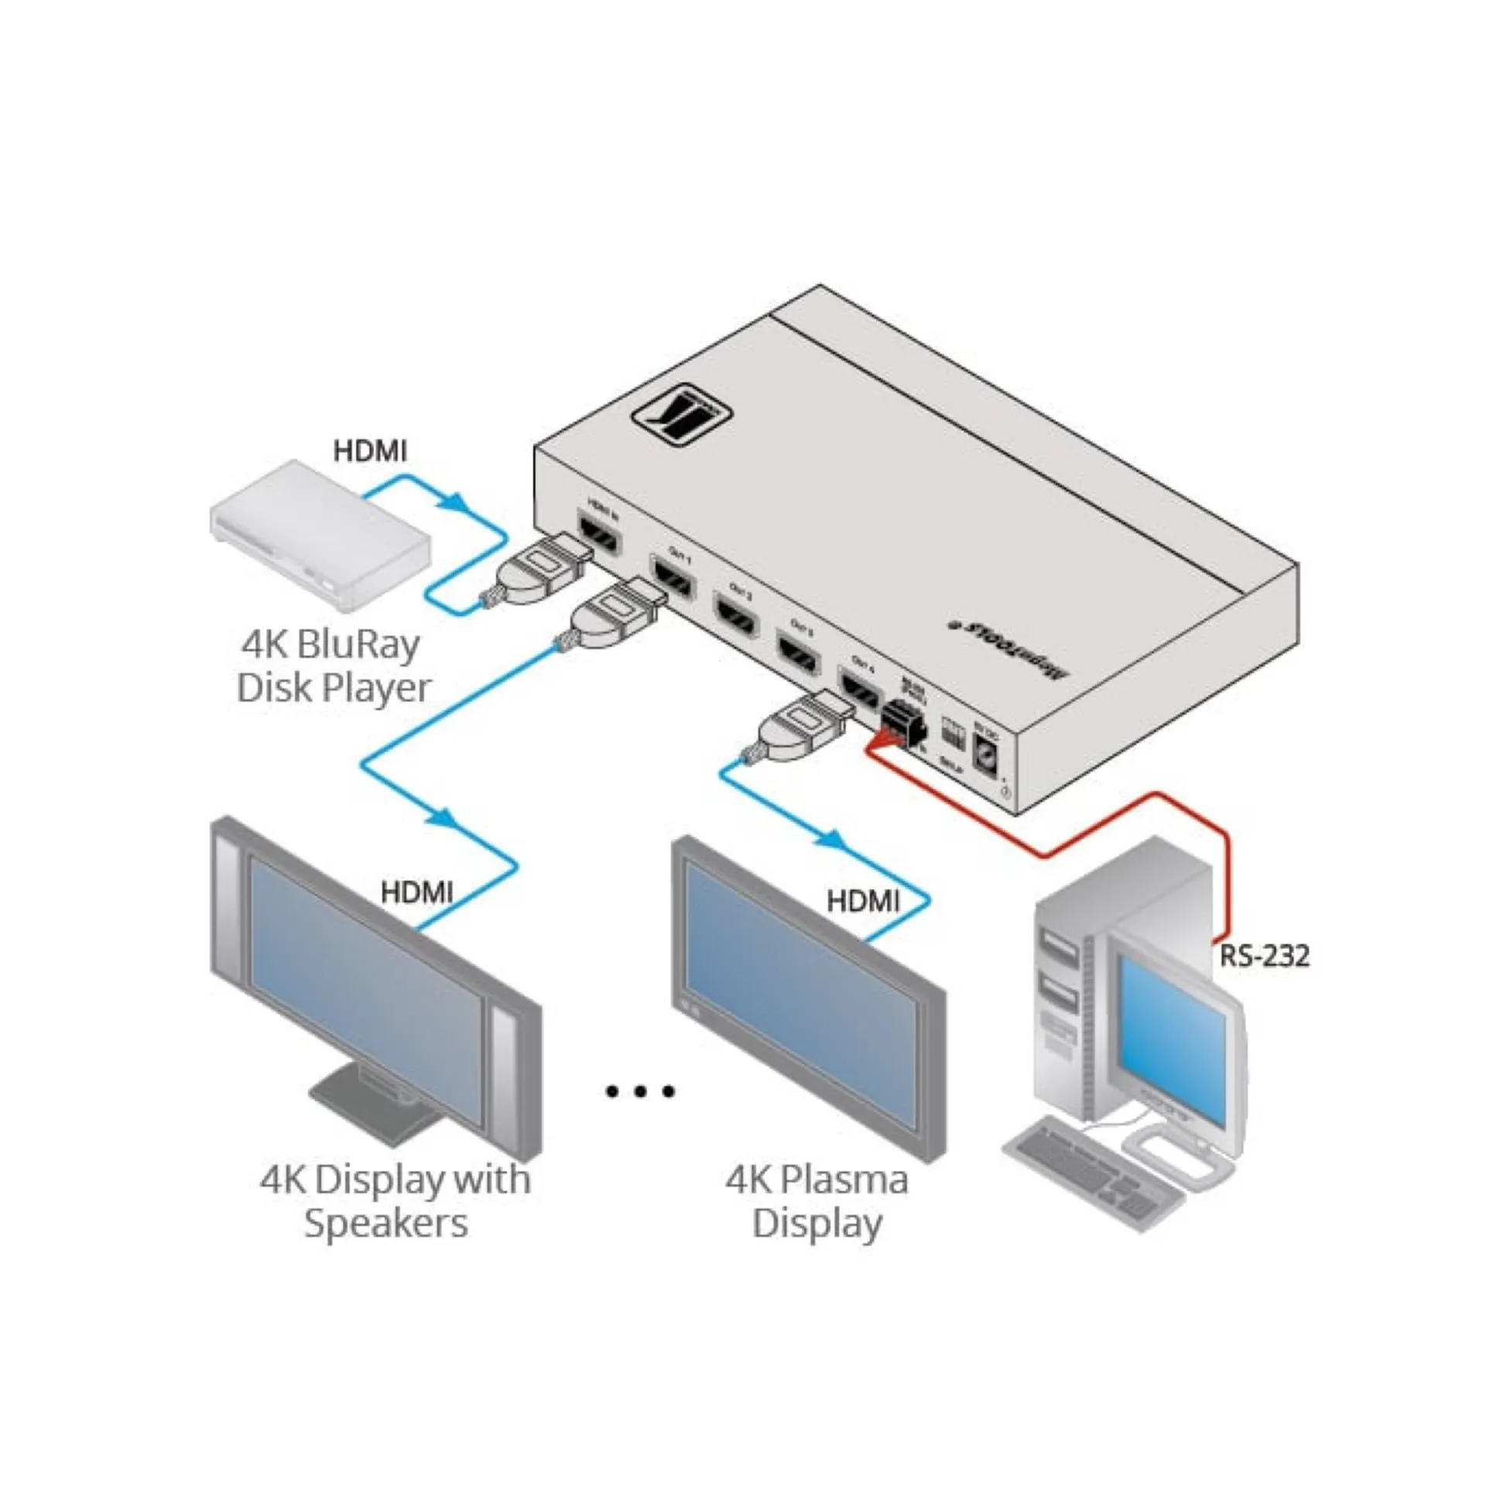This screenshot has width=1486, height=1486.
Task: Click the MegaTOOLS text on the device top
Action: [1009, 646]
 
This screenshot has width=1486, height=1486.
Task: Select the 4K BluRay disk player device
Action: [320, 533]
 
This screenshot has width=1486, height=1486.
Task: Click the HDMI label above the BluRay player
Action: [369, 451]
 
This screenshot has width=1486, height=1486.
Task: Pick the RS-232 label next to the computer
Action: [1264, 956]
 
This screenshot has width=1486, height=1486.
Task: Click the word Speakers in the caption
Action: [385, 1224]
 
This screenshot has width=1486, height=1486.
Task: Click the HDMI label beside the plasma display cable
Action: [863, 901]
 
